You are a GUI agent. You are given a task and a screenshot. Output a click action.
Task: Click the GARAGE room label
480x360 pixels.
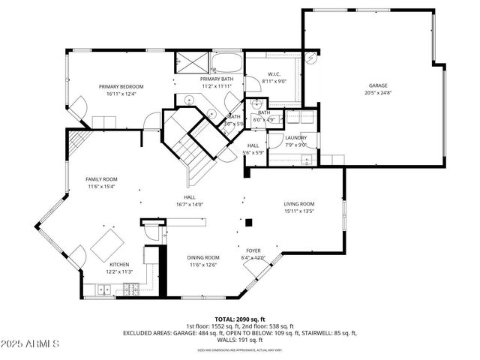(377, 85)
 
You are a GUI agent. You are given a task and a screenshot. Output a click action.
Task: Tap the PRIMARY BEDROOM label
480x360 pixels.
(120, 86)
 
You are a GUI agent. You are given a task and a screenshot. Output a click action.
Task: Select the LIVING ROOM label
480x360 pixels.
(298, 204)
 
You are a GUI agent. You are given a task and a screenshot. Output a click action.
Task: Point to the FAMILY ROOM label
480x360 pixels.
(101, 179)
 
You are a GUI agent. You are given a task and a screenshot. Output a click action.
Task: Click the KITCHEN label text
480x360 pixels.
(120, 265)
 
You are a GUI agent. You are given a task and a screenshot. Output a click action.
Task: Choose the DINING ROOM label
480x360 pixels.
(203, 257)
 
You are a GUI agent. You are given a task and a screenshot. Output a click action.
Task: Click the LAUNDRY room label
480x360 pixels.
(295, 137)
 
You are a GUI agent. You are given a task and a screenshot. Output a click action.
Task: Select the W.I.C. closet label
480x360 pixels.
(274, 74)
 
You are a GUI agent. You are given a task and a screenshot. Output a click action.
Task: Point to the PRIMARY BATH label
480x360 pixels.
(216, 79)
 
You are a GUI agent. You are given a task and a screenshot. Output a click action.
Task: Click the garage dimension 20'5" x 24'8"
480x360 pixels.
(377, 93)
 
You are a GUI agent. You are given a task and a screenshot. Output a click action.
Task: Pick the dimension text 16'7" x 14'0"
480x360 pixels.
(190, 204)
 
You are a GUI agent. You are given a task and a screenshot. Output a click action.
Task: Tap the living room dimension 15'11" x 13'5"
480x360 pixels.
(298, 211)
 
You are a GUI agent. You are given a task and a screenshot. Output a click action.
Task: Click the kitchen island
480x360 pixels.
(106, 244)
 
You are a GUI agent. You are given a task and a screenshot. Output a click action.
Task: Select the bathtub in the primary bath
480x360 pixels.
(226, 61)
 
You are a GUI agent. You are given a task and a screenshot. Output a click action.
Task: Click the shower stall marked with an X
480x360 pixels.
(184, 61)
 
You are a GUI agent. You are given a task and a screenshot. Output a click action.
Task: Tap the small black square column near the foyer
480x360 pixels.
(249, 222)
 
